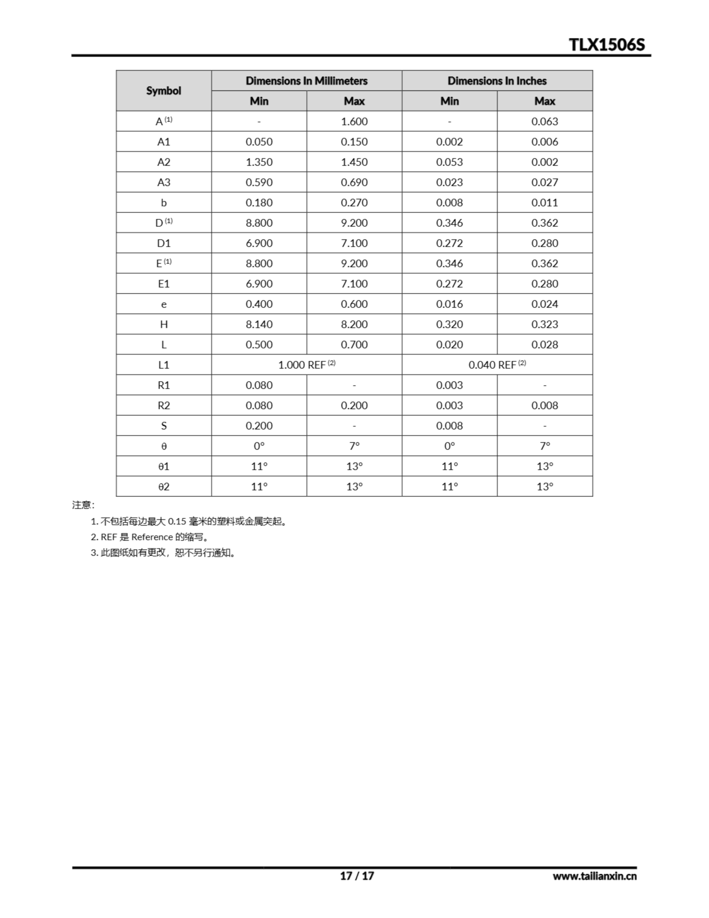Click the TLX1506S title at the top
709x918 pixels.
pos(606,44)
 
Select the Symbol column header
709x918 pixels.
pos(163,91)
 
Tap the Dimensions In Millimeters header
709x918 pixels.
pos(306,81)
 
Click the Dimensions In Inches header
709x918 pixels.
pos(497,81)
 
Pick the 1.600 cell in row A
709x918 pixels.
pos(354,122)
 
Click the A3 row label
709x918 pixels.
pos(163,183)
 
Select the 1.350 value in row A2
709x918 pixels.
pos(259,162)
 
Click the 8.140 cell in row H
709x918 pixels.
pos(259,325)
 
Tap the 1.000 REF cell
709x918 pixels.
pos(306,365)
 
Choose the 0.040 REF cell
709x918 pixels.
pos(497,365)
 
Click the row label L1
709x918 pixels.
pos(163,365)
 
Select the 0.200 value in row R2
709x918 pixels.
pos(354,406)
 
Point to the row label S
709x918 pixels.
pos(163,426)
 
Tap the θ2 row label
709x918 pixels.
pos(163,487)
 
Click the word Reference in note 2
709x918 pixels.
pos(152,537)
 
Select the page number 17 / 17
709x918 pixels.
pos(356,876)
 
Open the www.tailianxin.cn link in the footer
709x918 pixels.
pos(594,876)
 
